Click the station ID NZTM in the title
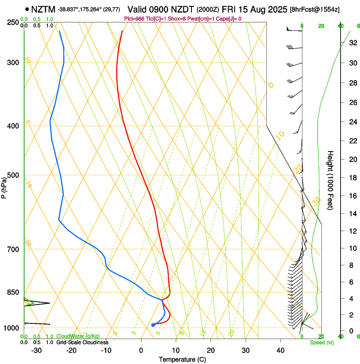point(44,9)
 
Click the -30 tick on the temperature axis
point(36,350)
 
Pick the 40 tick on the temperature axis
point(280,350)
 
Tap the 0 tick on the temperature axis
point(141,350)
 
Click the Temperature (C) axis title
point(183,360)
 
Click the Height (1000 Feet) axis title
point(330,180)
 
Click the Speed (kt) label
point(321,342)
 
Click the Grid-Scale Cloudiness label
point(82,342)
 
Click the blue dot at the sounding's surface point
point(153,325)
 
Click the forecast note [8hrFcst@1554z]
point(315,9)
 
